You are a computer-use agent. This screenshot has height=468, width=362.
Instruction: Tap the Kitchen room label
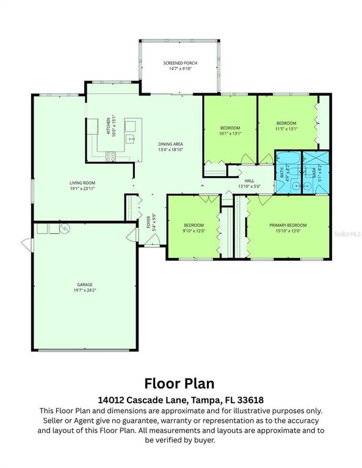[109, 126]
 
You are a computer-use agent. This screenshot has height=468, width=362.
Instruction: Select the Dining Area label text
[170, 144]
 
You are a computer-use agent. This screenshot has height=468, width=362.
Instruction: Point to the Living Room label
[81, 182]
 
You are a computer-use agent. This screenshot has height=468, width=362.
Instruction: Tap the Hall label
[249, 181]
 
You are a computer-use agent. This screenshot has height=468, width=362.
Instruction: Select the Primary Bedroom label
[288, 225]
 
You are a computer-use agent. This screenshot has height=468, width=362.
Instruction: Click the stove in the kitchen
[110, 155]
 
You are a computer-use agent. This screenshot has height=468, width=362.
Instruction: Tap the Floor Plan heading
[181, 383]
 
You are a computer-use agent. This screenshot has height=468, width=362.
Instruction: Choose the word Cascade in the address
[156, 400]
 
